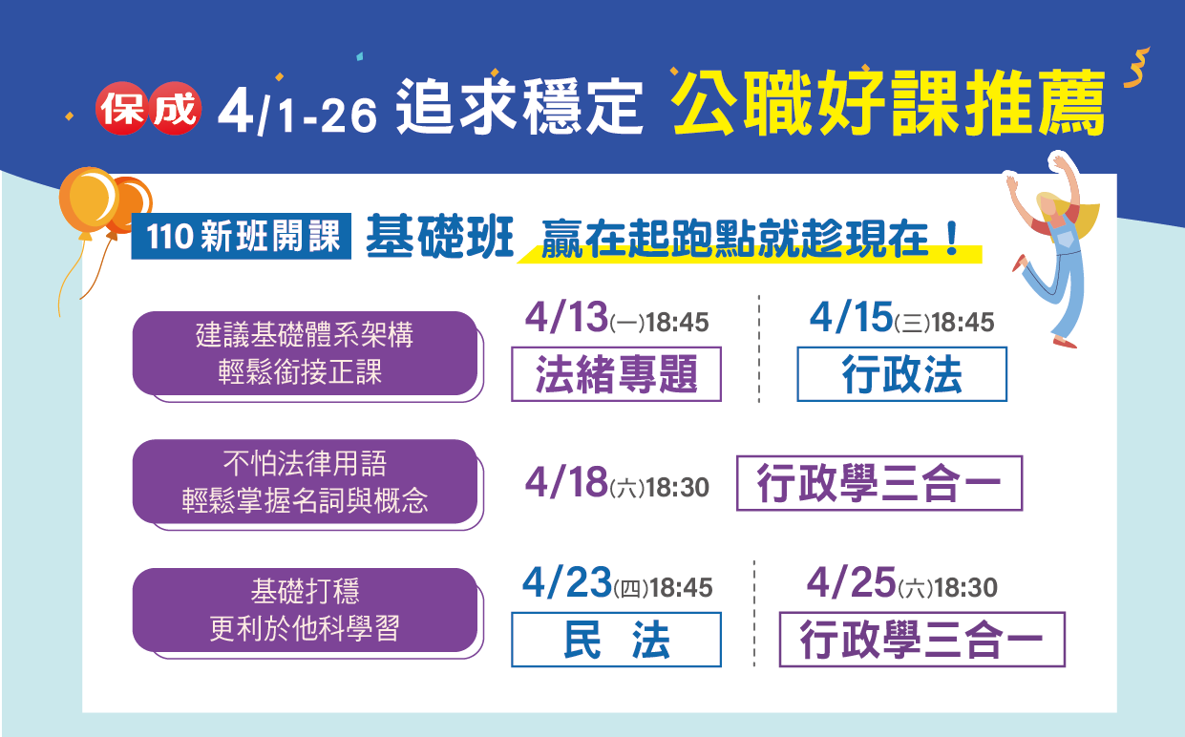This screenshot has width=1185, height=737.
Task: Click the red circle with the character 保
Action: [121, 108]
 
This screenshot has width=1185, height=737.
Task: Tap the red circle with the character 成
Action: [175, 108]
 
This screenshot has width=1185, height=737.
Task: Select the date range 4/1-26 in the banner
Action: [297, 112]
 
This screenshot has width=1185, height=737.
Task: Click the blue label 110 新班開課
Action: [242, 236]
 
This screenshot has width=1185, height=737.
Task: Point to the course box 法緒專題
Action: [616, 374]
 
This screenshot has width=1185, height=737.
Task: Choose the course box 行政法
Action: [902, 374]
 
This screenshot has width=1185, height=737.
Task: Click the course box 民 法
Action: [616, 640]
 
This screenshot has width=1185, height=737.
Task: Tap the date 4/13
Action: [566, 317]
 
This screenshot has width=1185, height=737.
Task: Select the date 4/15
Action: [851, 317]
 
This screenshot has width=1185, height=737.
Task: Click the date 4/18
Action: [566, 482]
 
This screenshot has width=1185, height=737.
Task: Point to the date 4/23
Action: [567, 582]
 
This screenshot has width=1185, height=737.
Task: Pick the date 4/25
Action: [851, 582]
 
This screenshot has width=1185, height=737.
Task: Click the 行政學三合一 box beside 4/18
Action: [879, 483]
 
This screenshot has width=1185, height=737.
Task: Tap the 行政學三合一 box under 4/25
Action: [922, 640]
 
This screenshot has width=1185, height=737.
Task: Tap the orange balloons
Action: [103, 201]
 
